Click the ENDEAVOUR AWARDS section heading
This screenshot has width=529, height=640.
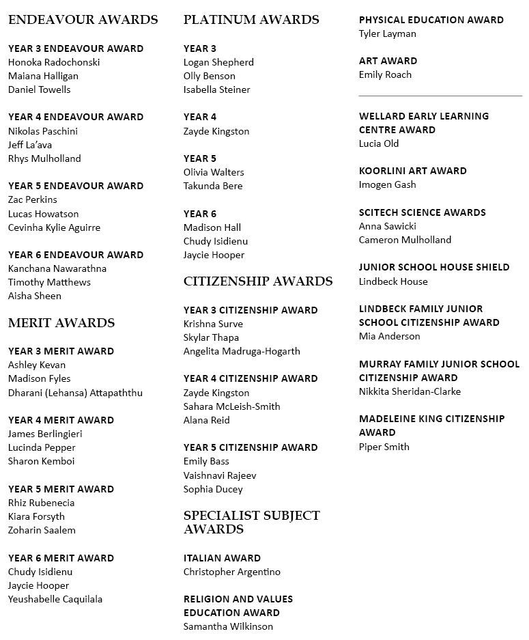click(x=83, y=20)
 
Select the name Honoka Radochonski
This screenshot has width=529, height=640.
click(x=54, y=62)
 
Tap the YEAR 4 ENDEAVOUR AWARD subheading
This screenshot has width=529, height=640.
click(x=76, y=117)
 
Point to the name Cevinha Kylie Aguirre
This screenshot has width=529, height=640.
click(x=54, y=227)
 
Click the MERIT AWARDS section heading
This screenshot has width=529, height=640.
click(x=61, y=323)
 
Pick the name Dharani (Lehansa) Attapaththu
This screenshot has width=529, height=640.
click(x=75, y=393)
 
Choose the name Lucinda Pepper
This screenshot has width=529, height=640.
click(x=42, y=447)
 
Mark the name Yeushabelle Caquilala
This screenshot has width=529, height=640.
click(x=55, y=599)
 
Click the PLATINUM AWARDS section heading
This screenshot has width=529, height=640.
click(x=251, y=20)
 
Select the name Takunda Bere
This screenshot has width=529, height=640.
click(x=213, y=186)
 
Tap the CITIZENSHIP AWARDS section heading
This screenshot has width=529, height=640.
click(x=258, y=281)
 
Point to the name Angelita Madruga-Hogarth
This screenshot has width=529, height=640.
click(x=242, y=351)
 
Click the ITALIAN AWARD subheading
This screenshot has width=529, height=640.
click(x=222, y=558)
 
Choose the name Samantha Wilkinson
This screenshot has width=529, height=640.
click(x=228, y=626)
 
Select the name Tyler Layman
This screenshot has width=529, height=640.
click(x=387, y=33)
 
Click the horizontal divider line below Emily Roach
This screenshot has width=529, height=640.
click(x=440, y=96)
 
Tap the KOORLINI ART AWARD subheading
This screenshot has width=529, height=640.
click(x=413, y=171)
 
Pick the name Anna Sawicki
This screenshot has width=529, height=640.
click(x=387, y=226)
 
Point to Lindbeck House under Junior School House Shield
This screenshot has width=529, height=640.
click(x=393, y=281)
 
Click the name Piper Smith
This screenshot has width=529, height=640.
click(x=384, y=447)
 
